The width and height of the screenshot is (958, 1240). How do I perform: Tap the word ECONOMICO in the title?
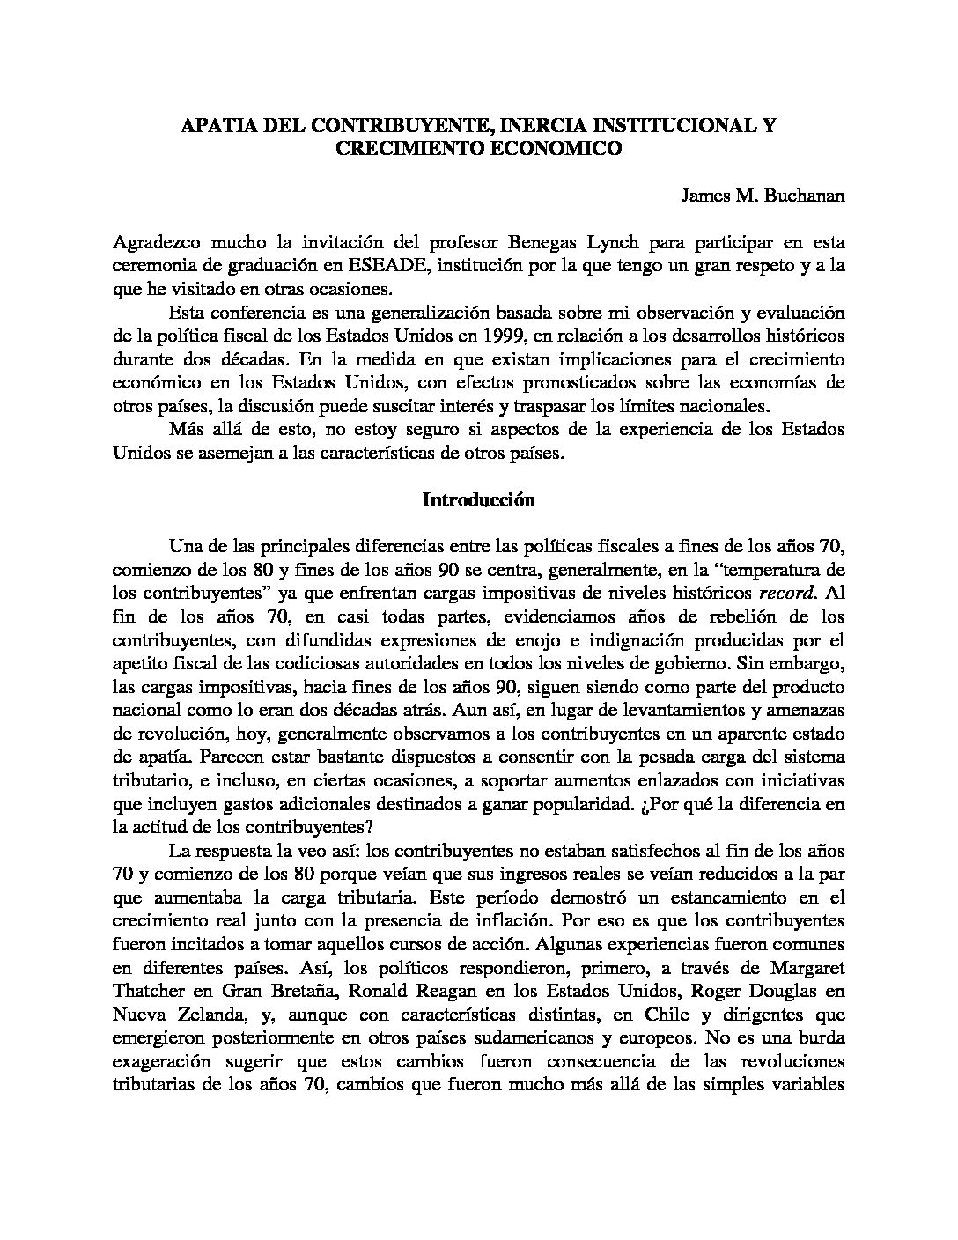pyautogui.click(x=554, y=149)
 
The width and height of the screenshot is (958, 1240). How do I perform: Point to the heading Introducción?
pyautogui.click(x=479, y=500)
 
